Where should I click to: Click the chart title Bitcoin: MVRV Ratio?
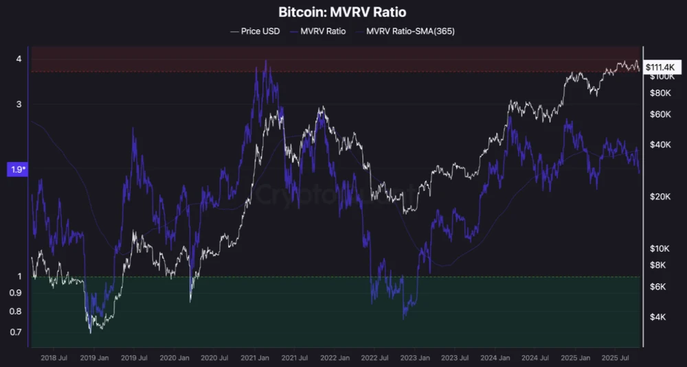(x=343, y=12)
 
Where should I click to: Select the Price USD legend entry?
(x=256, y=31)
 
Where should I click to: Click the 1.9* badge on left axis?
(x=16, y=169)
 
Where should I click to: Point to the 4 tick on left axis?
(x=19, y=59)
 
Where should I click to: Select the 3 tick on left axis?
(x=19, y=104)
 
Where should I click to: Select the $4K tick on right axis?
(x=660, y=317)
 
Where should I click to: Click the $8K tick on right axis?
(x=660, y=265)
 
